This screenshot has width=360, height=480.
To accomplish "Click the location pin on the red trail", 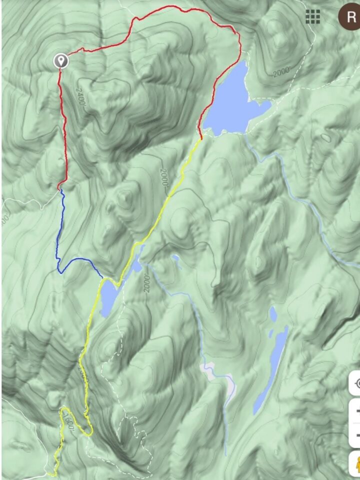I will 61,61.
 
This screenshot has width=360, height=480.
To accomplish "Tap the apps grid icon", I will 313,16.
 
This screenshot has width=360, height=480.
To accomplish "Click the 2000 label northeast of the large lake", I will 281,72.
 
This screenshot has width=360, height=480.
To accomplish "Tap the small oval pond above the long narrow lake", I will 273,313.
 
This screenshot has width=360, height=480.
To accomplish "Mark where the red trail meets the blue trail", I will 60,189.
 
